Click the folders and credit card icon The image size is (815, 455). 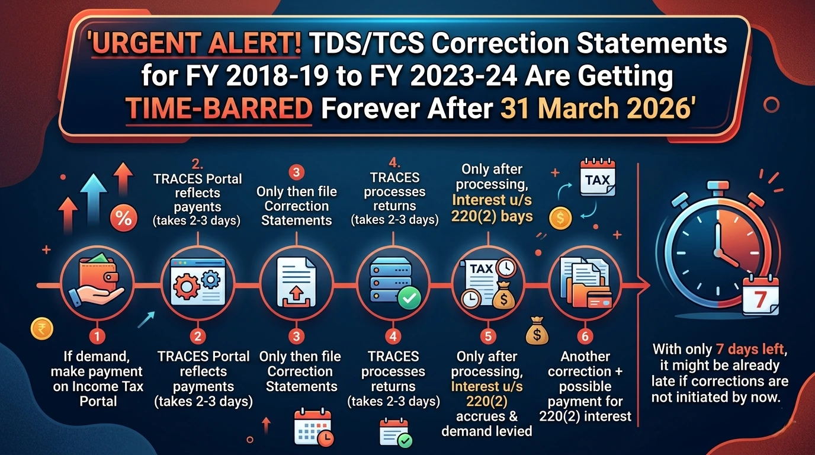585,285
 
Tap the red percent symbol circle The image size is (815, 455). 123,219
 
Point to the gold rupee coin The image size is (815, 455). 40,329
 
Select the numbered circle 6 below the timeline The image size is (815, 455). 585,337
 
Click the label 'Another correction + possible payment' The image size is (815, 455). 585,379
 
